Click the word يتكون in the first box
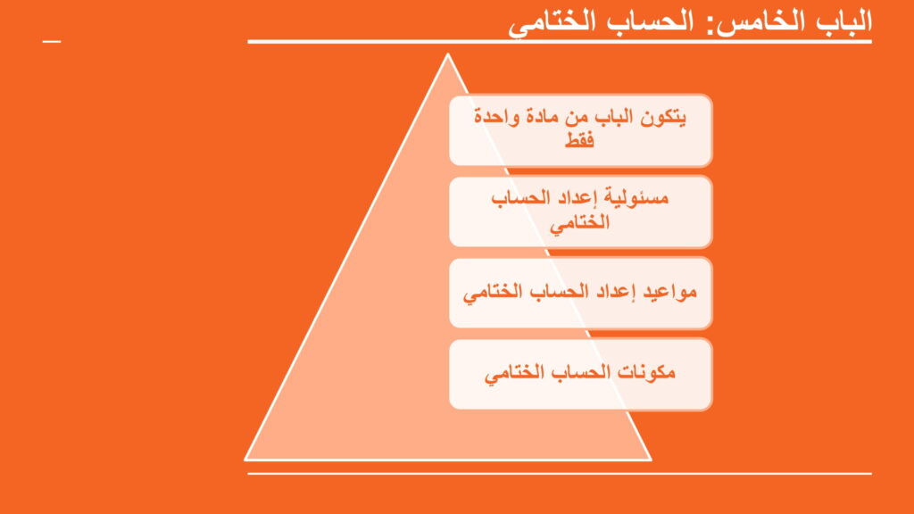pyautogui.click(x=663, y=117)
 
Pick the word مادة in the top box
pyautogui.click(x=545, y=117)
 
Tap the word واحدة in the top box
pyautogui.click(x=496, y=117)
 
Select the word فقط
pyautogui.click(x=579, y=140)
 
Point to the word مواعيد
pyautogui.click(x=669, y=291)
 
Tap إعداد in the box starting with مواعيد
pyautogui.click(x=617, y=291)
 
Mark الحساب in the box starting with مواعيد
pyautogui.click(x=560, y=290)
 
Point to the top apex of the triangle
pyautogui.click(x=448, y=54)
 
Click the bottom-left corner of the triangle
pyautogui.click(x=245, y=460)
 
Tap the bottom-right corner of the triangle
pyautogui.click(x=650, y=460)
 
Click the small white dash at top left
pyautogui.click(x=51, y=41)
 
